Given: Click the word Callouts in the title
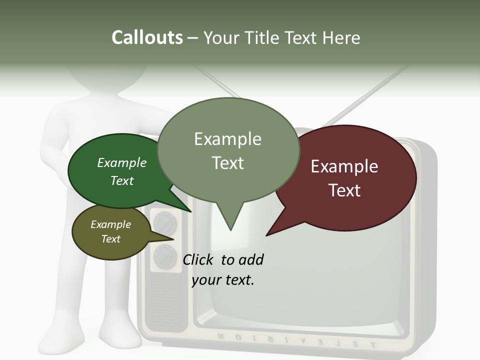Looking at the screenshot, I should click(x=147, y=37).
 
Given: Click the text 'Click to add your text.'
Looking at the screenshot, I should click(x=223, y=269).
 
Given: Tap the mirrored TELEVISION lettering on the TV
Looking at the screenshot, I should click(x=295, y=340).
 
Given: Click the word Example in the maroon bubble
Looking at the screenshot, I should click(x=344, y=166).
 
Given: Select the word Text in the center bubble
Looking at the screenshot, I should click(x=228, y=163).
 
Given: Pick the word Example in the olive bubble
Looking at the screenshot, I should click(x=110, y=224).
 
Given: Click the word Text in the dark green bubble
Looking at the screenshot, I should click(x=122, y=180).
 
